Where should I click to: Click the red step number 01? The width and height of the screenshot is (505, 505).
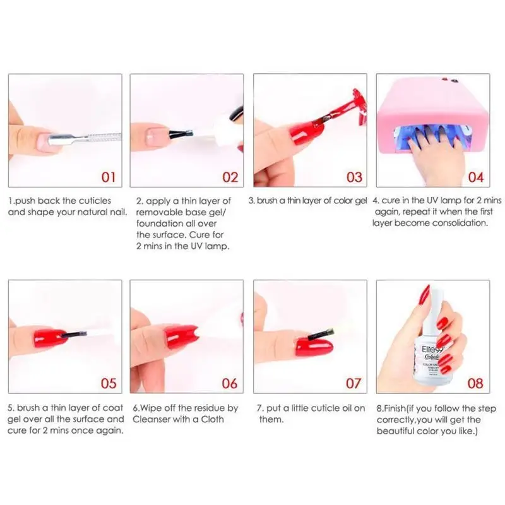[x=109, y=177]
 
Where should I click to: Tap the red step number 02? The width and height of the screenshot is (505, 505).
[x=230, y=177]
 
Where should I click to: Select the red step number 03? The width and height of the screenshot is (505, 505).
[x=354, y=177]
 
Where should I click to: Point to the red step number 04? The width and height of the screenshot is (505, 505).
[x=476, y=177]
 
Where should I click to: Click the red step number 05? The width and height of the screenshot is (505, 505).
[x=109, y=383]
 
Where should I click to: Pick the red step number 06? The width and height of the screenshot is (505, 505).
[x=230, y=383]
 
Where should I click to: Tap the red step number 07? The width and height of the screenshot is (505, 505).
[x=354, y=383]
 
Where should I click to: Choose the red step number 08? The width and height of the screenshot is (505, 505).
[x=476, y=383]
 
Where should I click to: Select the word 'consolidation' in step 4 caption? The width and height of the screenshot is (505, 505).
[x=456, y=223]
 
